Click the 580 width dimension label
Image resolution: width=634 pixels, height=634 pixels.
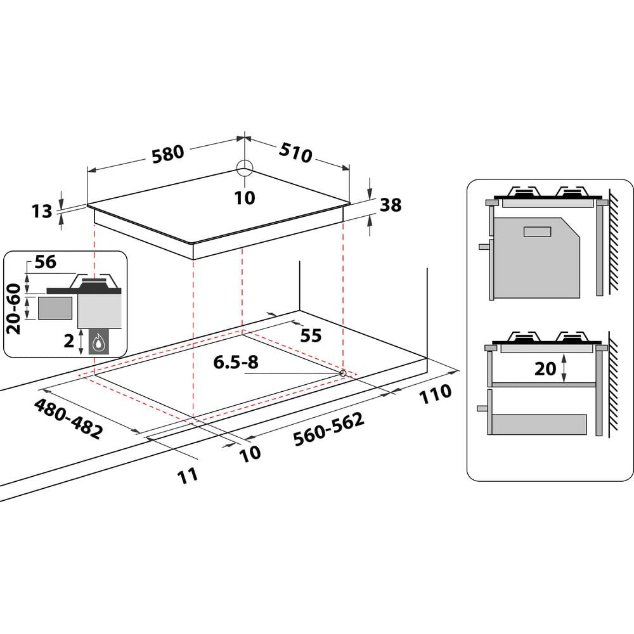point(167,153)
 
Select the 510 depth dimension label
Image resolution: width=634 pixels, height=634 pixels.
point(295,152)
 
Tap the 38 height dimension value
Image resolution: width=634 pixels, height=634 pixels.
point(391,205)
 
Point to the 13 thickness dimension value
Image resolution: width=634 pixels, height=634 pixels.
point(42,210)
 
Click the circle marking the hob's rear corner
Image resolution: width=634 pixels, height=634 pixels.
point(245,168)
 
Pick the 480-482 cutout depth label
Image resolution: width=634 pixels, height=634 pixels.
point(68,418)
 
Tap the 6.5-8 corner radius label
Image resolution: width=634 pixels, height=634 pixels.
point(236,362)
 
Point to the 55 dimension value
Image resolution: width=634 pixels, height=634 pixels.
point(311,335)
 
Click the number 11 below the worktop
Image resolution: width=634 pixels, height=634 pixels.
point(187,475)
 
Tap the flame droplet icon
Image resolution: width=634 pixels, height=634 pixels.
point(98,344)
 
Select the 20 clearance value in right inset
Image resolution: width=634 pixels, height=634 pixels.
point(545,368)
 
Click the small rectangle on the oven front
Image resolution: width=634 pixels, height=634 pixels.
point(538,231)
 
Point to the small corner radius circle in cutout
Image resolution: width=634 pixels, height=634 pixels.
point(342,373)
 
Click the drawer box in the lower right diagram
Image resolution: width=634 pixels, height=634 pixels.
point(540,424)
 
